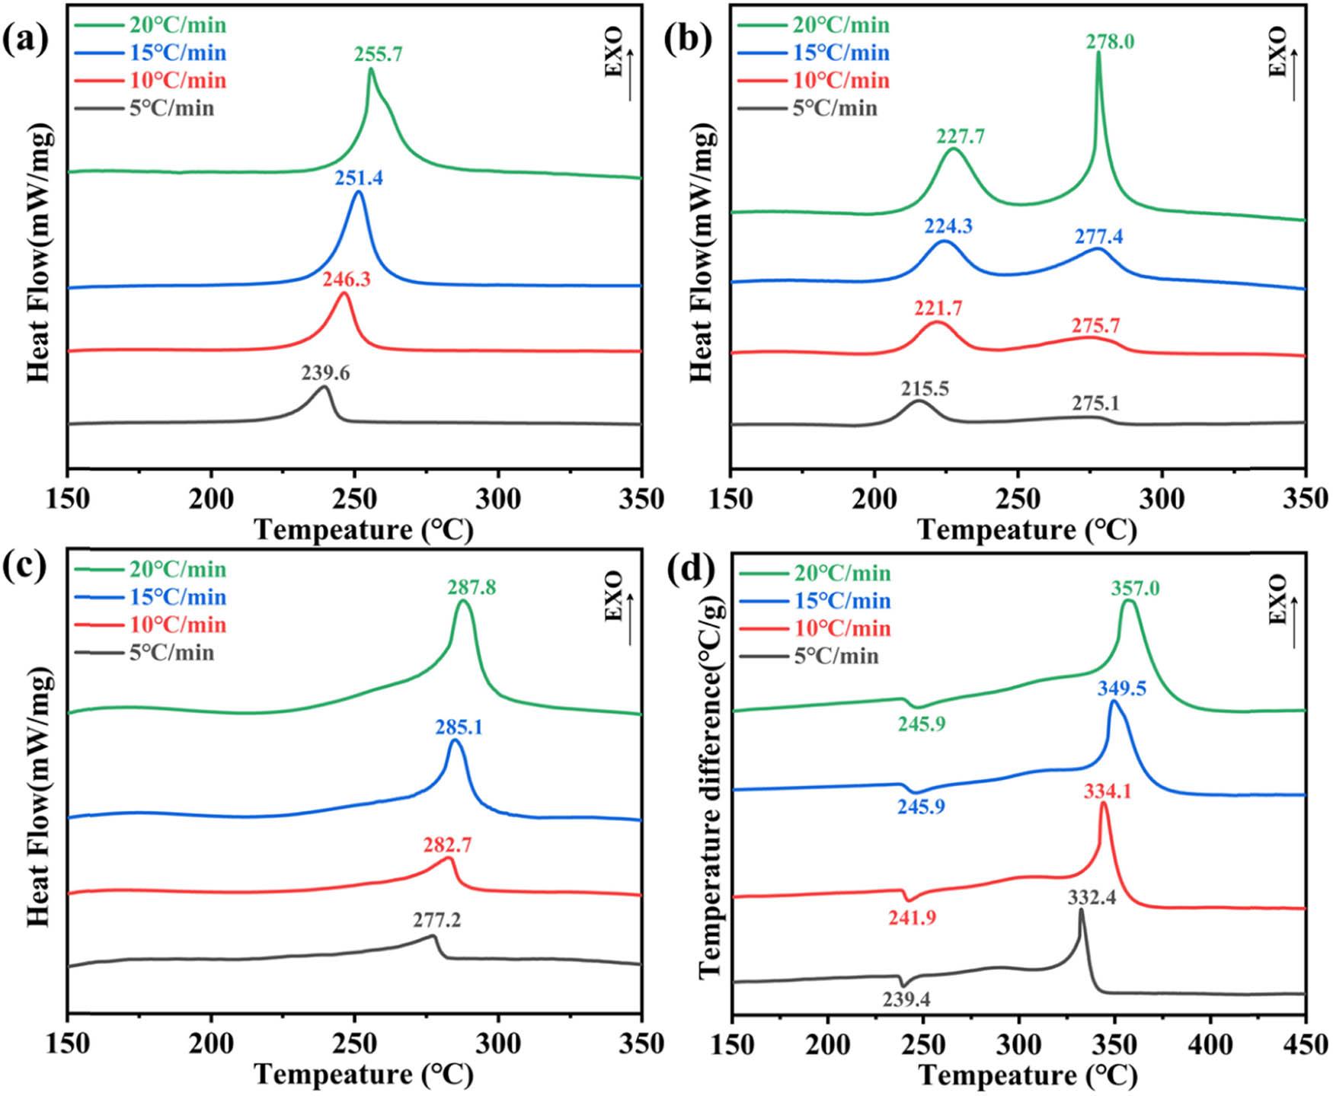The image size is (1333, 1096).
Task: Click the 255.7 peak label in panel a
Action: click(x=378, y=54)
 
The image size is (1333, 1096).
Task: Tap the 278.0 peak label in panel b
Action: click(x=1110, y=41)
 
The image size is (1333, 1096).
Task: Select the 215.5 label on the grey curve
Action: click(x=925, y=388)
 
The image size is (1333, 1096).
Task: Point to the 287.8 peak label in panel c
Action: click(x=472, y=587)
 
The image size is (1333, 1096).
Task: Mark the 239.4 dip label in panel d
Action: click(x=906, y=999)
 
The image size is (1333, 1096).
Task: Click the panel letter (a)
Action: click(x=25, y=38)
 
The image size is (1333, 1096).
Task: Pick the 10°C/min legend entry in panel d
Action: click(x=813, y=628)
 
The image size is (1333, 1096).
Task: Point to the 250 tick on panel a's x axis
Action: click(x=355, y=500)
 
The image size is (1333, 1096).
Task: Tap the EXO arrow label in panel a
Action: click(x=614, y=53)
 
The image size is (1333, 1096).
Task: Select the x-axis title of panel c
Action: click(x=363, y=1075)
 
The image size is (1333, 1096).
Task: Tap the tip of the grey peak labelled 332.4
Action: click(x=1080, y=911)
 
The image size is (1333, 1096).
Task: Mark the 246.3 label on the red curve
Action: click(x=346, y=280)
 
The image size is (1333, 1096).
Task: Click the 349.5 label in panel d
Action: click(x=1121, y=689)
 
